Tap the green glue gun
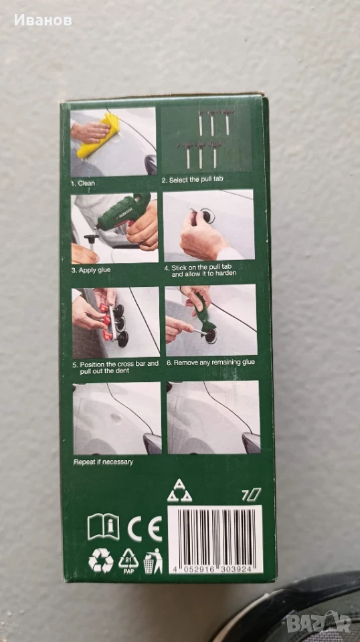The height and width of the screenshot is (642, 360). point(124,214)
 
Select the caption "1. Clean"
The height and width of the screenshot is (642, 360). point(83,184)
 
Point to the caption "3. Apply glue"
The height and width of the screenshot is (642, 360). point(91,270)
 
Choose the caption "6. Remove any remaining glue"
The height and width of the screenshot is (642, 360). point(211,362)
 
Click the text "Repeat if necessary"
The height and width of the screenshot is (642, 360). point(103,462)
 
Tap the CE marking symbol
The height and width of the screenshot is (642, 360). point(145,528)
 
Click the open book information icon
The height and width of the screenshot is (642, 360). point(104,526)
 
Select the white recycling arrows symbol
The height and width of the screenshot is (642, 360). point(101,560)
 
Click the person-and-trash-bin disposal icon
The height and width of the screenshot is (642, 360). point(153,561)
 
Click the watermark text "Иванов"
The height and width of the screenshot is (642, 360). point(43,20)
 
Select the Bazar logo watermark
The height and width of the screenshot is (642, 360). point(319,623)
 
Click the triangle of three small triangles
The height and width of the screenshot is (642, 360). point(179,490)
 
